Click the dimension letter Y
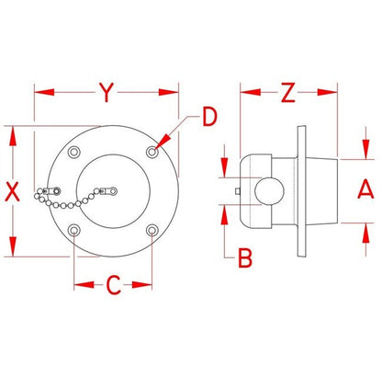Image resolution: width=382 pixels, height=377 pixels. click(x=107, y=92)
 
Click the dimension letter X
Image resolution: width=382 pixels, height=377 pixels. click(x=13, y=191)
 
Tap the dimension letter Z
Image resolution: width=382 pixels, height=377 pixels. click(x=288, y=92)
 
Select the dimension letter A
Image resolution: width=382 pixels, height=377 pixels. click(x=365, y=189)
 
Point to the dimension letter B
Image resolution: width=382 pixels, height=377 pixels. click(x=245, y=257)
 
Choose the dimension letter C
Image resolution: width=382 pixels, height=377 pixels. click(x=114, y=285)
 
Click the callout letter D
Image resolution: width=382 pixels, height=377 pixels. click(x=210, y=117)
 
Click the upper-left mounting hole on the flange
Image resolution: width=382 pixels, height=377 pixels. click(x=73, y=152)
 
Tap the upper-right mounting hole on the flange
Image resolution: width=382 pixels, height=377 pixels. click(x=152, y=152)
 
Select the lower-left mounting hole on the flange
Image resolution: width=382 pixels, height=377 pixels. click(x=73, y=230)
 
